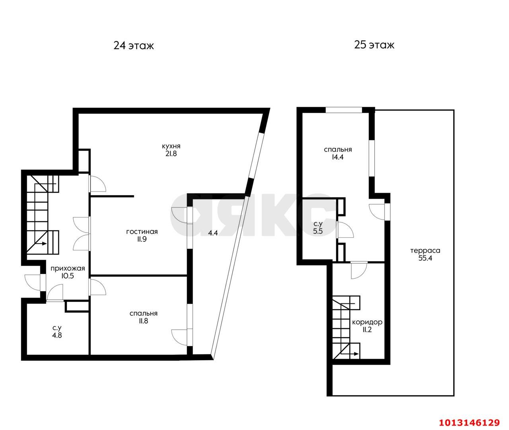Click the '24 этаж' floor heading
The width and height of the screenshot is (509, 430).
point(134,46)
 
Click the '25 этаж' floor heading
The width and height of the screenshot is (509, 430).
point(374,45)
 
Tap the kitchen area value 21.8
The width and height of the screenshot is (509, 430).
point(171,154)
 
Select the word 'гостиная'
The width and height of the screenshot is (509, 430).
point(142,231)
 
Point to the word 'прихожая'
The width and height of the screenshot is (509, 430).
point(68,269)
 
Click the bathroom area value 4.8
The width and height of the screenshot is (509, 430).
point(57,335)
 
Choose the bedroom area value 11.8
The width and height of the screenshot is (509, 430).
point(143,321)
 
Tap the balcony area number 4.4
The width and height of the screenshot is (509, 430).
point(213,233)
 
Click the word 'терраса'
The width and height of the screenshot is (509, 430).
point(425,250)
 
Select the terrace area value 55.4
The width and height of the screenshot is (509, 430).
point(425,258)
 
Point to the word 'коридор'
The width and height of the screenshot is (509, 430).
point(367,322)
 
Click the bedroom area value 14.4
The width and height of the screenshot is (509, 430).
point(337,157)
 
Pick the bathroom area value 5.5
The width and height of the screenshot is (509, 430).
point(318,231)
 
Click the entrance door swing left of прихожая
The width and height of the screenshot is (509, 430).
point(33,282)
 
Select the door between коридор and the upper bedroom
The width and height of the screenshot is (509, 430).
point(359,270)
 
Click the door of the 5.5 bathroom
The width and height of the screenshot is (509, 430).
point(345,229)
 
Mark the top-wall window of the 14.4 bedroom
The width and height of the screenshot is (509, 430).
point(344,110)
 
